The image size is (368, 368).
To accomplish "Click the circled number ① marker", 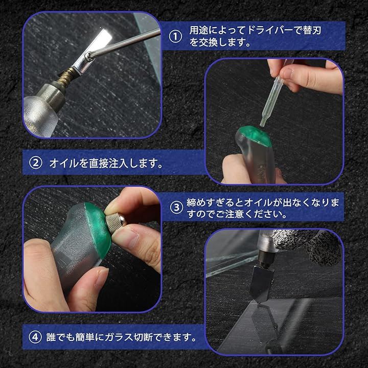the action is pyautogui.click(x=175, y=37).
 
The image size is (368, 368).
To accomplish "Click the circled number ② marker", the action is pyautogui.click(x=35, y=163).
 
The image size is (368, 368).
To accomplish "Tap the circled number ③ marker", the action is pyautogui.click(x=176, y=208).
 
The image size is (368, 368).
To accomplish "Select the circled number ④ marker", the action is pyautogui.click(x=35, y=337).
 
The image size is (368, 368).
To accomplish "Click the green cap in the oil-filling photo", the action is pyautogui.click(x=255, y=136).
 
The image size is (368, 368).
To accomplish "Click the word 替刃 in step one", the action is pyautogui.click(x=312, y=31).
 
